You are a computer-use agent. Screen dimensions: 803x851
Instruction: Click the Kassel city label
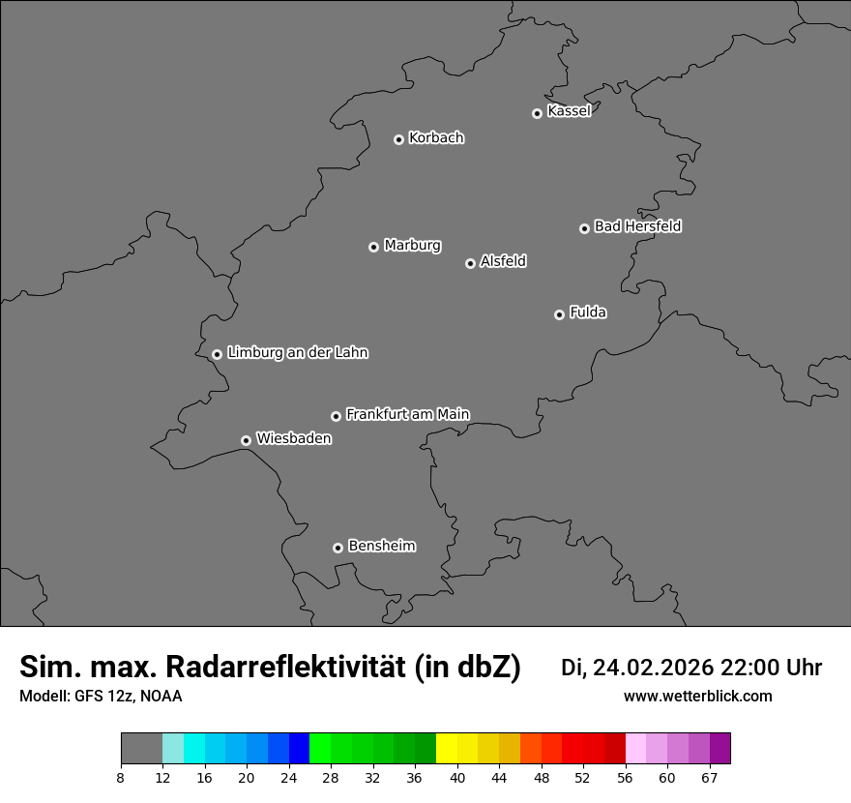569,111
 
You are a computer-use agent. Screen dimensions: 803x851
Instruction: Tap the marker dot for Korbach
398,139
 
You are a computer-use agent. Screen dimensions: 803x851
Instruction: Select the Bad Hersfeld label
637,226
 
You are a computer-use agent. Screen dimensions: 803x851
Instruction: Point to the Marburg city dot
373,247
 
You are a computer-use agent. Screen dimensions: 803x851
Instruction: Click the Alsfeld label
503,261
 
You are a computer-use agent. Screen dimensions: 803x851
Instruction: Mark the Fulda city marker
559,314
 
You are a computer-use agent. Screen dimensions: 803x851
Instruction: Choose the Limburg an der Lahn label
297,352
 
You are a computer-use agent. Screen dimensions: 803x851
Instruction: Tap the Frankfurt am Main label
407,414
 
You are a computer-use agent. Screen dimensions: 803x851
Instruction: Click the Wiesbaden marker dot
247,440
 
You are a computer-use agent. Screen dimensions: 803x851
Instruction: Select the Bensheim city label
381,546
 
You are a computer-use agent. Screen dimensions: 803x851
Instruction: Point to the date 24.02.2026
653,668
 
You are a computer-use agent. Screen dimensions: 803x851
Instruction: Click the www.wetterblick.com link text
697,696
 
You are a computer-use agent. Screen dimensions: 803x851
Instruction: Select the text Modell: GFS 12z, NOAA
101,696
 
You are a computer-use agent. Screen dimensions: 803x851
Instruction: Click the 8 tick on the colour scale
121,778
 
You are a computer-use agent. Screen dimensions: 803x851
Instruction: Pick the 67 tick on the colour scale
710,778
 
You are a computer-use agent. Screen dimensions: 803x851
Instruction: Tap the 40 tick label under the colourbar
456,778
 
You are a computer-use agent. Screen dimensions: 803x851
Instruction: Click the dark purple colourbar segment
720,748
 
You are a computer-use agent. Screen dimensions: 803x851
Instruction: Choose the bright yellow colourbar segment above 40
447,748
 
